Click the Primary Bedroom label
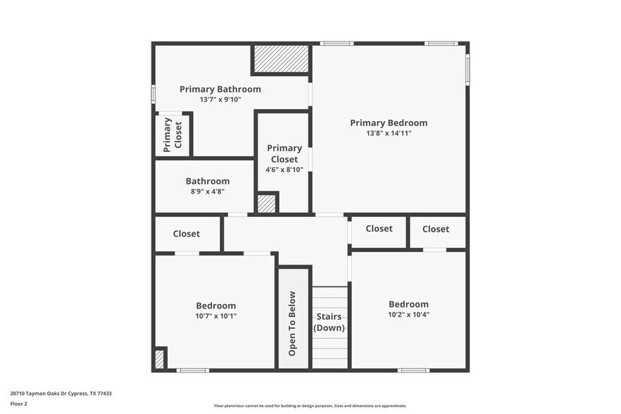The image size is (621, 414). pyautogui.click(x=389, y=123)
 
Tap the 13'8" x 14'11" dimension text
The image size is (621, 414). pyautogui.click(x=389, y=133)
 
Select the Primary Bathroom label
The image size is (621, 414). pyautogui.click(x=220, y=89)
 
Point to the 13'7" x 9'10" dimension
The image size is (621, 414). pyautogui.click(x=220, y=99)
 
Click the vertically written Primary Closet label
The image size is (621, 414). pyautogui.click(x=172, y=134)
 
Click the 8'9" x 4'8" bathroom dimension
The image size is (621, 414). pyautogui.click(x=207, y=191)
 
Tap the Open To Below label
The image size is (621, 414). pyautogui.click(x=292, y=322)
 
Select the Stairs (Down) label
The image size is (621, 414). pyautogui.click(x=330, y=322)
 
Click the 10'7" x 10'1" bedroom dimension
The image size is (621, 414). pyautogui.click(x=215, y=316)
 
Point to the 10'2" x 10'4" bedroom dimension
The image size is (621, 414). pyautogui.click(x=408, y=315)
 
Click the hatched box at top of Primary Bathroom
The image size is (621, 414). pyautogui.click(x=281, y=58)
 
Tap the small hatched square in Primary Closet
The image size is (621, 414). pyautogui.click(x=266, y=203)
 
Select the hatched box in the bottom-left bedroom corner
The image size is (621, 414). pyautogui.click(x=159, y=359)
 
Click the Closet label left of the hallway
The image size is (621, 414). pyautogui.click(x=186, y=234)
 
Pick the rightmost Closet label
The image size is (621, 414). pyautogui.click(x=436, y=229)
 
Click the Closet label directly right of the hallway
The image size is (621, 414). pyautogui.click(x=379, y=229)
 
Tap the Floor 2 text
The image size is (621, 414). pyautogui.click(x=18, y=404)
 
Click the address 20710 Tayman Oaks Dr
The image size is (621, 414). pyautogui.click(x=42, y=394)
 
